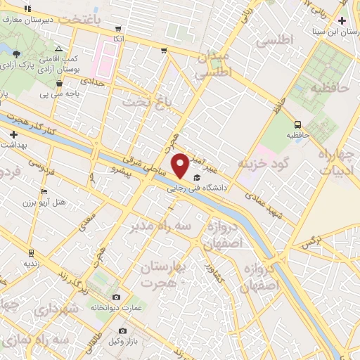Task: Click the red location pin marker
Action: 180,165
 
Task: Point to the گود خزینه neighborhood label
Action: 264,165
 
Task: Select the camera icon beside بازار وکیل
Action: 122,330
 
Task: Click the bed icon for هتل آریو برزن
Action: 44,191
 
